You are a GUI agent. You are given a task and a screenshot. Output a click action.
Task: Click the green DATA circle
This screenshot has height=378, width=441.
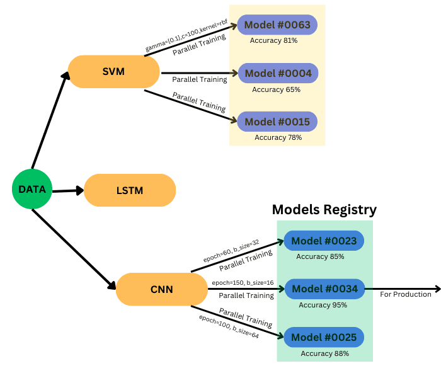point(31,189)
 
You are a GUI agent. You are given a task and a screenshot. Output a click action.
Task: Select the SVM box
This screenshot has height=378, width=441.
point(113,72)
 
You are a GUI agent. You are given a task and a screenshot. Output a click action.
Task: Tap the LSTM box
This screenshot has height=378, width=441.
point(130,190)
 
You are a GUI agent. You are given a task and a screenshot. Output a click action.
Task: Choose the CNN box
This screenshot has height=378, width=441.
point(162,290)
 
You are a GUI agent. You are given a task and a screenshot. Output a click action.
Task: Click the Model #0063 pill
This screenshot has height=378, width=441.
point(277,25)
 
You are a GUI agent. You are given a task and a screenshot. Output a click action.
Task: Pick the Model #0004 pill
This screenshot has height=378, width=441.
point(278,73)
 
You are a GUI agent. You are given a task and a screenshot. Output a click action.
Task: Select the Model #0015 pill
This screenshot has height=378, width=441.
point(277,121)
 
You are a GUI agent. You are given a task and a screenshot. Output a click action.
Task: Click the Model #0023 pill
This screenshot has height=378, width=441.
point(324,241)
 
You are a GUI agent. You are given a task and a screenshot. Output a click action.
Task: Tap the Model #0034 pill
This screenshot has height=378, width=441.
point(325,289)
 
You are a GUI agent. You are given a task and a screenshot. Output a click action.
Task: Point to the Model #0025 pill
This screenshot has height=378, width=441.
point(324,338)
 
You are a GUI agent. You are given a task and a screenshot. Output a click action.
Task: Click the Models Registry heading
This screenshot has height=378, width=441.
point(324,210)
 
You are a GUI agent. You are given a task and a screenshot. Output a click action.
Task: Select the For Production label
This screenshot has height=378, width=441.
point(406,294)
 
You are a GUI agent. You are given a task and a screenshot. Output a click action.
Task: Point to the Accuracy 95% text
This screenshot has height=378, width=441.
point(323,305)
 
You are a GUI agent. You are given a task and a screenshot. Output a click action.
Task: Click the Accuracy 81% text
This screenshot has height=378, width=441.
point(273,40)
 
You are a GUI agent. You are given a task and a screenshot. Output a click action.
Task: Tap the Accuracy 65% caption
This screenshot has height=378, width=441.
point(276,89)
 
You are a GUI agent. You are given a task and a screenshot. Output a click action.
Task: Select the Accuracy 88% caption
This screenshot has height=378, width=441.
point(324,353)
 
